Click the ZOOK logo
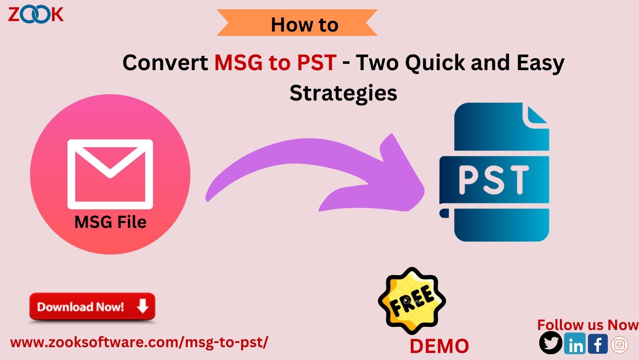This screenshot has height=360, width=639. coord(35,15)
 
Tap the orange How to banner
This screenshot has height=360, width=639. coord(297,23)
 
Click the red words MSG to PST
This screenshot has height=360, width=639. coord(275,62)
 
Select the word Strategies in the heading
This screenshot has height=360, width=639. coord(343,93)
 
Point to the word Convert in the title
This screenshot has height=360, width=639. coord(165,62)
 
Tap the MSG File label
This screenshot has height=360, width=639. coord(110,222)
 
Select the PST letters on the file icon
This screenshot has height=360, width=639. coord(494,180)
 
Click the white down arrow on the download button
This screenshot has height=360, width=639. coord(143,307)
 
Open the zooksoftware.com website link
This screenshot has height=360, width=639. coord(139,342)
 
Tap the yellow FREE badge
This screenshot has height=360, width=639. coord(412,300)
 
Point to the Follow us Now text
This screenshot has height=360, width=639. coord(587,325)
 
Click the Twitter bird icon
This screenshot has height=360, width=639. coord(551,343)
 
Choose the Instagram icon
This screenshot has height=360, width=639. coord(620,344)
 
